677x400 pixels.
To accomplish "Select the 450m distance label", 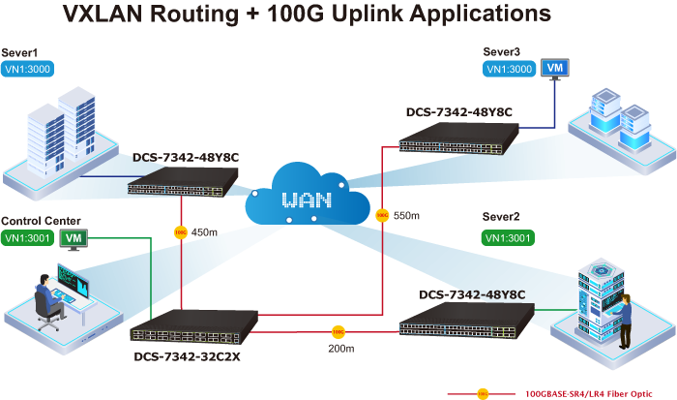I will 205,231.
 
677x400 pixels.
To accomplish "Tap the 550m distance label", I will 407,215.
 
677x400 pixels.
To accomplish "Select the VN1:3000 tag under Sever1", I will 27,69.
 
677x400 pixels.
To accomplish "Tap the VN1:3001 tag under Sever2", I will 507,235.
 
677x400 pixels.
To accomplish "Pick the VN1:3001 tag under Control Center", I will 27,237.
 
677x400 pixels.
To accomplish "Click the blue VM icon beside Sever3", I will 554,68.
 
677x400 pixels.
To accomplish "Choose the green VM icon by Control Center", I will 73,237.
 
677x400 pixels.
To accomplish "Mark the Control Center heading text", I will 41,220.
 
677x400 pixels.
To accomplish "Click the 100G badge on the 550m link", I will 381,214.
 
